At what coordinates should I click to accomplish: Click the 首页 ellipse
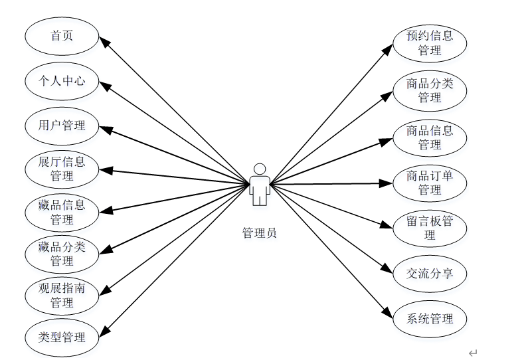pyautogui.click(x=62, y=36)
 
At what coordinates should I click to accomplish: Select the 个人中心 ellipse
pyautogui.click(x=62, y=81)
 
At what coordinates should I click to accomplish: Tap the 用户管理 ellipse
pyautogui.click(x=62, y=125)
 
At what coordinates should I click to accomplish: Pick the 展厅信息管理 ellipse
pyautogui.click(x=62, y=169)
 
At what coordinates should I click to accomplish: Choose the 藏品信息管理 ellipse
pyautogui.click(x=62, y=213)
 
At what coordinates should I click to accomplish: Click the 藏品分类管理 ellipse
pyautogui.click(x=62, y=254)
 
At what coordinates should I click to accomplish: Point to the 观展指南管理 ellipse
pyautogui.click(x=62, y=296)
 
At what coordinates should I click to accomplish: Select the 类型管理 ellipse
pyautogui.click(x=62, y=337)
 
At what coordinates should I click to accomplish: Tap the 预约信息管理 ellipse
pyautogui.click(x=430, y=43)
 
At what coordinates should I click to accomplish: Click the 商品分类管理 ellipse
pyautogui.click(x=430, y=90)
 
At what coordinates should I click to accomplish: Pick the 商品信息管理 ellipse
pyautogui.click(x=430, y=137)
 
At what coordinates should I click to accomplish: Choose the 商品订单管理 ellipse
pyautogui.click(x=430, y=183)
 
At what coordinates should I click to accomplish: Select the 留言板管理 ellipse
pyautogui.click(x=430, y=228)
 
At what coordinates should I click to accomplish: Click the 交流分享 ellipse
pyautogui.click(x=430, y=273)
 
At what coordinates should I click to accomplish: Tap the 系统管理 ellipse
pyautogui.click(x=430, y=319)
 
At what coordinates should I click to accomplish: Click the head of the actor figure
pyautogui.click(x=260, y=169)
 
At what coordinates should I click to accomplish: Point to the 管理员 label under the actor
pyautogui.click(x=260, y=233)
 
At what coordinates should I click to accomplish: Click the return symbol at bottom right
pyautogui.click(x=473, y=353)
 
